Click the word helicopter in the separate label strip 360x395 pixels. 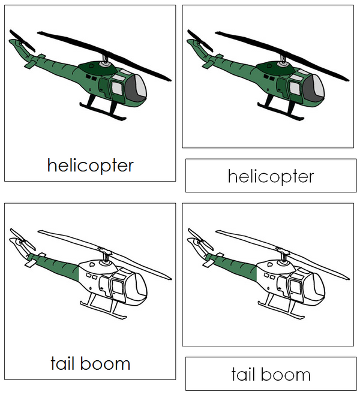[x=271, y=176]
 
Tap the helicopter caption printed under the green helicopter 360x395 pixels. [x=91, y=165]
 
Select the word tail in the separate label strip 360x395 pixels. [x=246, y=374]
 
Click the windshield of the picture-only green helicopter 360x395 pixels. [x=315, y=88]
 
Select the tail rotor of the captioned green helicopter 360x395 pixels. [x=22, y=43]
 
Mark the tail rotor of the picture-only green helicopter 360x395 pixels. [x=200, y=43]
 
